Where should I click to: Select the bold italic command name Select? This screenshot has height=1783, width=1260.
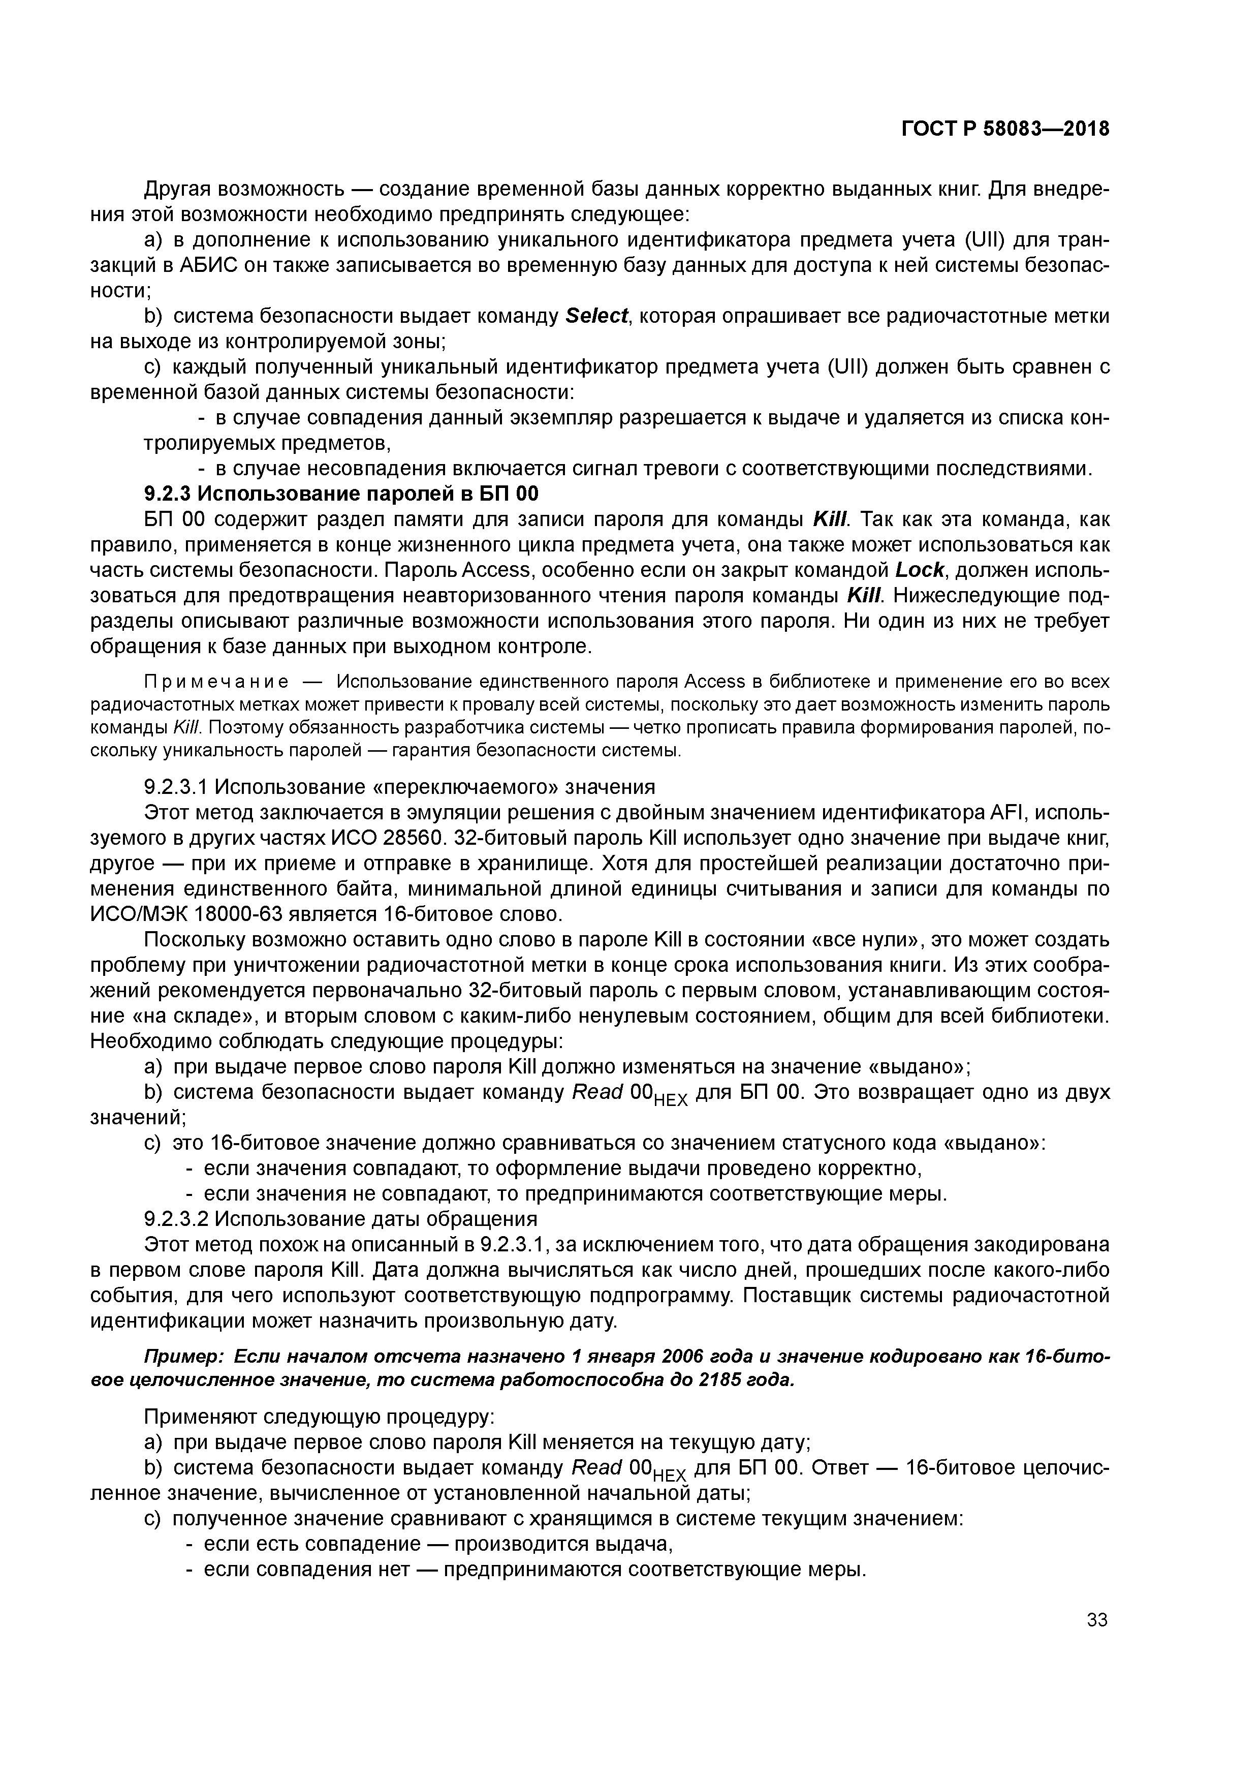pos(596,317)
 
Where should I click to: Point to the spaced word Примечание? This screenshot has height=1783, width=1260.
pos(216,682)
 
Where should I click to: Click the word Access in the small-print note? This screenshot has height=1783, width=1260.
pos(712,682)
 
